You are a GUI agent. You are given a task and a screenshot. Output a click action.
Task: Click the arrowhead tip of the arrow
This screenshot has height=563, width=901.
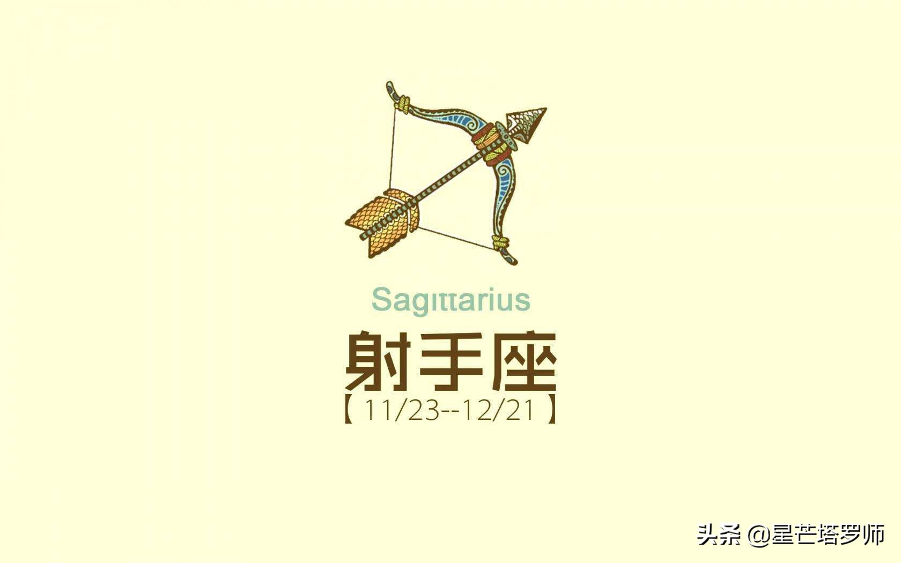click(x=546, y=108)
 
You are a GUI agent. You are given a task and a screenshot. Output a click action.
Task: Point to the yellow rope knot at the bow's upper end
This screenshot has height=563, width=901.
click(x=403, y=104)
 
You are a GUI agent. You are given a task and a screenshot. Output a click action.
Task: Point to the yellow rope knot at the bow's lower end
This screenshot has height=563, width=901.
click(x=500, y=243)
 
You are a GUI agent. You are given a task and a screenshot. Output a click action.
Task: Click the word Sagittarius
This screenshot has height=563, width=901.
click(x=451, y=300)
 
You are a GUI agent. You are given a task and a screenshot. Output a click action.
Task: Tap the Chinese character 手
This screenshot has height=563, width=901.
click(x=451, y=361)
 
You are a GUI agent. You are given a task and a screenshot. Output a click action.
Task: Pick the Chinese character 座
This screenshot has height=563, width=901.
click(x=523, y=361)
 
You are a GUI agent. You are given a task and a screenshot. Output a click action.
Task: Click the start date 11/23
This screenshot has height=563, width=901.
click(x=402, y=410)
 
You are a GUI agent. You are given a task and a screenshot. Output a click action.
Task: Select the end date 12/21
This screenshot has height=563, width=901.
click(x=498, y=410)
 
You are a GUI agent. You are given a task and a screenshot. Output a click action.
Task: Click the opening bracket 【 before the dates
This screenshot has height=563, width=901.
click(x=349, y=410)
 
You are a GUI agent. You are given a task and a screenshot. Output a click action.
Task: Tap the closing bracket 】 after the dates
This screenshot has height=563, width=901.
click(x=551, y=410)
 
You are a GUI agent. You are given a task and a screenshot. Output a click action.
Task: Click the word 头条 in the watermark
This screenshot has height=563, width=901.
click(x=719, y=535)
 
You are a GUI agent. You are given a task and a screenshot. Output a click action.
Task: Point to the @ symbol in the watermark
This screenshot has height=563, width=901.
click(x=759, y=536)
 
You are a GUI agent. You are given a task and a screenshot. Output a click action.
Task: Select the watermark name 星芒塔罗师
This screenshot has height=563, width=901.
click(x=828, y=535)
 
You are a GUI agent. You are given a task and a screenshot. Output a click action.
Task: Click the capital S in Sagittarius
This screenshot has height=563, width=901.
click(x=381, y=299)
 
